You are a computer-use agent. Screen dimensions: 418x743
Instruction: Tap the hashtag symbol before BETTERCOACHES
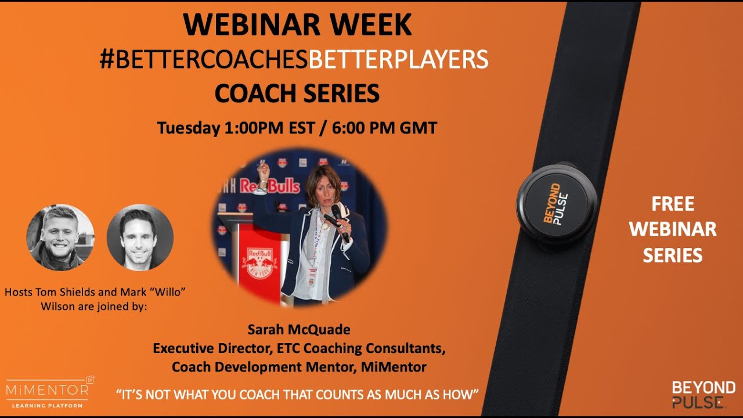tap(107, 59)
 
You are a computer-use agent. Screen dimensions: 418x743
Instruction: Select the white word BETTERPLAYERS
tap(398, 59)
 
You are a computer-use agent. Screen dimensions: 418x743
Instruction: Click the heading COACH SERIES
tap(297, 93)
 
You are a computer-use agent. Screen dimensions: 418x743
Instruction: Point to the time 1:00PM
tap(254, 128)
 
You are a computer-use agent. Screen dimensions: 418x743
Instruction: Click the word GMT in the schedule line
tap(418, 128)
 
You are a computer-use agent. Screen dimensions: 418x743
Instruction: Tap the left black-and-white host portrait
tap(60, 237)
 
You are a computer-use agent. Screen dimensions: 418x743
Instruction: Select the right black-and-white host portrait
tap(140, 237)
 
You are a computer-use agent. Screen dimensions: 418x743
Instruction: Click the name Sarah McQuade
tap(299, 330)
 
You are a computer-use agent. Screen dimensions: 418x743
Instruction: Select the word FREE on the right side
tap(673, 204)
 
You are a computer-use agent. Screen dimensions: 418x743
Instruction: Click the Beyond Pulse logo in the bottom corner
tap(703, 394)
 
